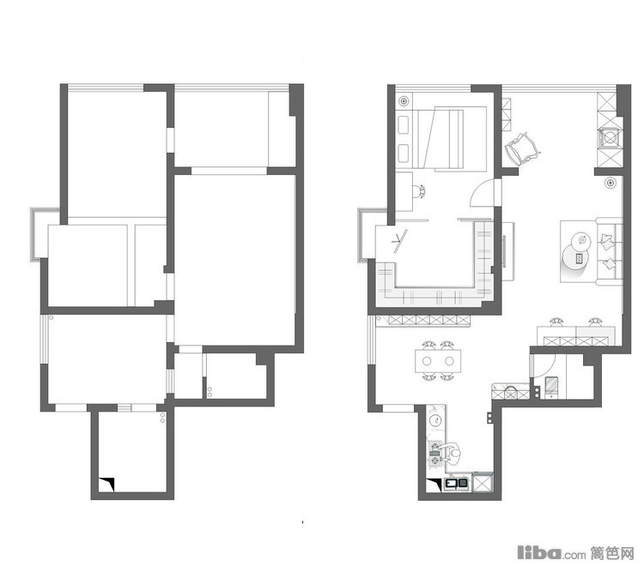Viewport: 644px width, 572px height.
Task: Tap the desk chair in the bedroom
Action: (x=419, y=191)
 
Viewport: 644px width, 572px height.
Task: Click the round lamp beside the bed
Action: (x=404, y=100)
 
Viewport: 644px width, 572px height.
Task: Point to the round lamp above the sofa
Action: (x=611, y=182)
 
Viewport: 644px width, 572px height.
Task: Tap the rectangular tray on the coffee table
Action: (x=580, y=258)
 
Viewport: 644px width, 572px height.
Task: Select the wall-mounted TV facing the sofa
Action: (x=503, y=251)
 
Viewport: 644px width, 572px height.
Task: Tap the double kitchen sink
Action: (x=457, y=484)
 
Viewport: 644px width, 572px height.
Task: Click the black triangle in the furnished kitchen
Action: (x=434, y=485)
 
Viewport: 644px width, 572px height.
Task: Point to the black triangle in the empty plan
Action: (x=106, y=484)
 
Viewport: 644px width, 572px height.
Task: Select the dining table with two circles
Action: (x=438, y=361)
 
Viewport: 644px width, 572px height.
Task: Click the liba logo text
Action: (x=539, y=552)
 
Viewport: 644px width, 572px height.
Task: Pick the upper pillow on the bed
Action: (x=404, y=124)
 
